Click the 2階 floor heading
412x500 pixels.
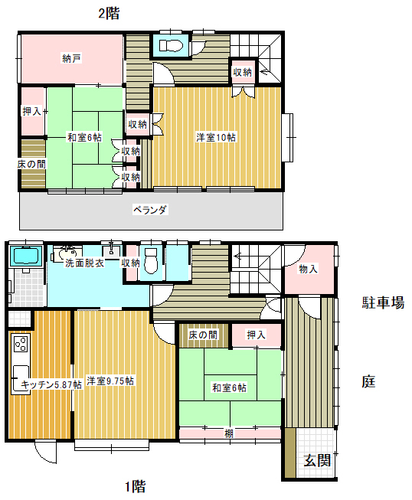(108, 13)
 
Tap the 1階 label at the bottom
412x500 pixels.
(136, 485)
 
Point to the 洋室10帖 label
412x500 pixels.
(216, 137)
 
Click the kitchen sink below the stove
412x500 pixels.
(20, 375)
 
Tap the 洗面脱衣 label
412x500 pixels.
(81, 263)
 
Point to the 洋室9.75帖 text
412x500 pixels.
(110, 381)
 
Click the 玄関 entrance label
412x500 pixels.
(316, 460)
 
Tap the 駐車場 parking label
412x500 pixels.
(382, 303)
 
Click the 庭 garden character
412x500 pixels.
(369, 381)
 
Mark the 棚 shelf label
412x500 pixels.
(229, 434)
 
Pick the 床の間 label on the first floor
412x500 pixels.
(202, 335)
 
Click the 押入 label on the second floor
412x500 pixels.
(31, 112)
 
